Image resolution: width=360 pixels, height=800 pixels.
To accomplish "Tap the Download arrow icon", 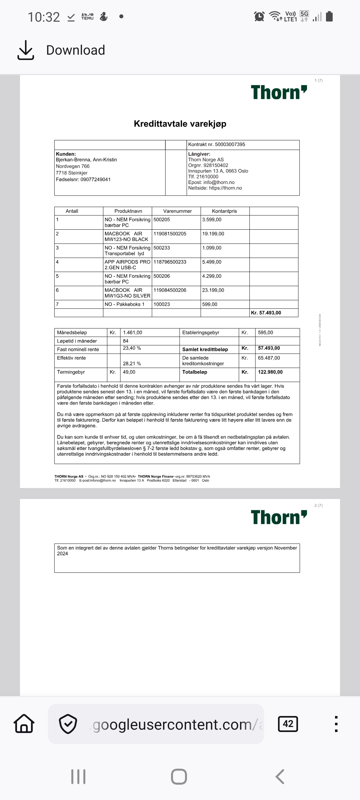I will [25, 50].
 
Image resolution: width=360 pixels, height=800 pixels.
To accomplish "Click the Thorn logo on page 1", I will [279, 92].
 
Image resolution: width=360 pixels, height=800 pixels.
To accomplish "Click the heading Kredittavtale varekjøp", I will [180, 124].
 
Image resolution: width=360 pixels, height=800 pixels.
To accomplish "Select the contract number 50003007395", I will [230, 144].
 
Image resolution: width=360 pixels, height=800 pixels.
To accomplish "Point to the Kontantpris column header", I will [224, 211].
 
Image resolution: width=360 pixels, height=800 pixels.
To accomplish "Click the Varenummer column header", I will [177, 211].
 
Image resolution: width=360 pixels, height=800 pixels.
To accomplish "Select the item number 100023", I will [162, 304].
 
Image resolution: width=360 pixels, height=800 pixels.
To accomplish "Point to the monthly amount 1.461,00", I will [132, 332].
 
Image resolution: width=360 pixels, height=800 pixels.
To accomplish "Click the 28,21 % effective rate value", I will [132, 364].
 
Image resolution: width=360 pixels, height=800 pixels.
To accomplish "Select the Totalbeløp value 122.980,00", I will [270, 372].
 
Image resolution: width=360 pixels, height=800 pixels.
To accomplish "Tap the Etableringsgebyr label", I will [201, 332].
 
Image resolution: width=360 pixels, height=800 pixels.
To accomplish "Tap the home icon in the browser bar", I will [24, 724].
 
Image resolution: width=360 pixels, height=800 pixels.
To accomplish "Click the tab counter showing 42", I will [288, 724].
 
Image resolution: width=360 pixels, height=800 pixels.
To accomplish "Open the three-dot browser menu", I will [336, 724].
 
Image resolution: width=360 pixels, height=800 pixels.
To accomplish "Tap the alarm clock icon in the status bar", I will [259, 16].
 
